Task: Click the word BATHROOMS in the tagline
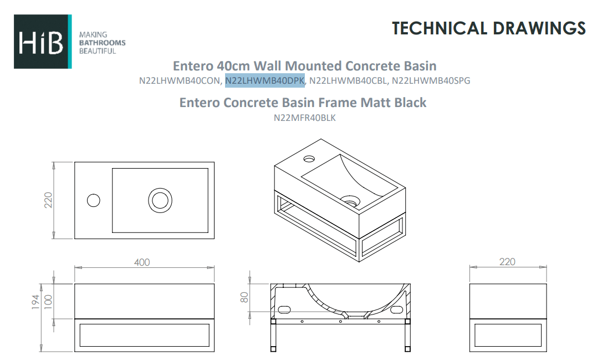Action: (x=103, y=43)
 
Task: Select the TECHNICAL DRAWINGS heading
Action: (x=488, y=28)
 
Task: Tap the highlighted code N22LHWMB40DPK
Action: (x=265, y=81)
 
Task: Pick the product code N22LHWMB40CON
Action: (x=180, y=81)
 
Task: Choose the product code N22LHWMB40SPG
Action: (x=431, y=81)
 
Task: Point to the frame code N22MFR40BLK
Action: (x=304, y=118)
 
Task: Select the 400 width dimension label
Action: (x=142, y=262)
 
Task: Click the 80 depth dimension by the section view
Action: (x=244, y=298)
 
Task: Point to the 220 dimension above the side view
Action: (x=507, y=262)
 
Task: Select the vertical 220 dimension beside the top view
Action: (x=48, y=200)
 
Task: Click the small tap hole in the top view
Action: (x=94, y=200)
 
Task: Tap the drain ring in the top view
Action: (x=160, y=200)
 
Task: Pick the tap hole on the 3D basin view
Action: (x=308, y=159)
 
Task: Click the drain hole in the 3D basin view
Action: (x=350, y=198)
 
